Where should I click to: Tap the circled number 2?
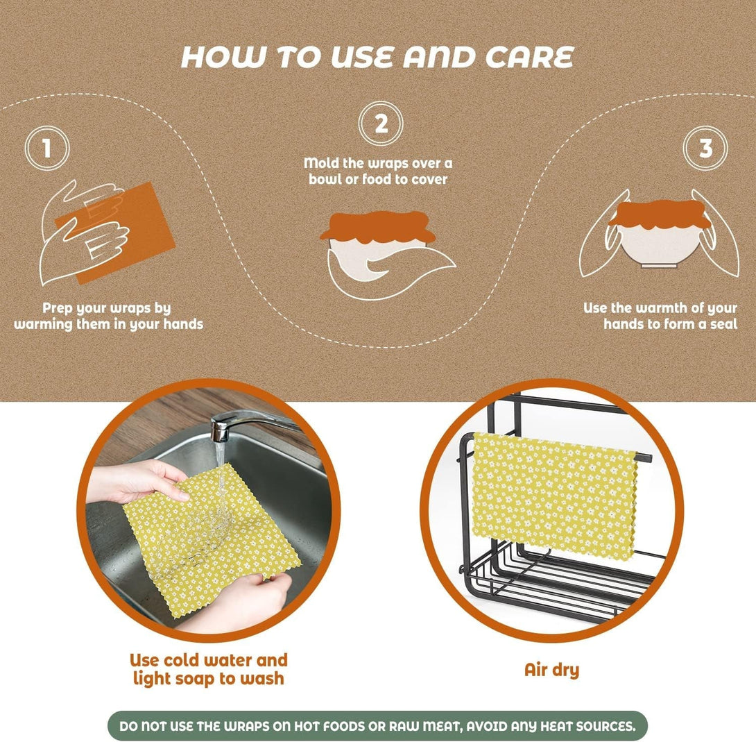click(381, 124)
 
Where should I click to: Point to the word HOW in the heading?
click(217, 58)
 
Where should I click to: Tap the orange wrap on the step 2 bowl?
click(378, 226)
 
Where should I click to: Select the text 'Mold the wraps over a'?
click(378, 163)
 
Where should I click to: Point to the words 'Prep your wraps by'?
click(106, 307)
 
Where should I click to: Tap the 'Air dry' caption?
click(551, 670)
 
